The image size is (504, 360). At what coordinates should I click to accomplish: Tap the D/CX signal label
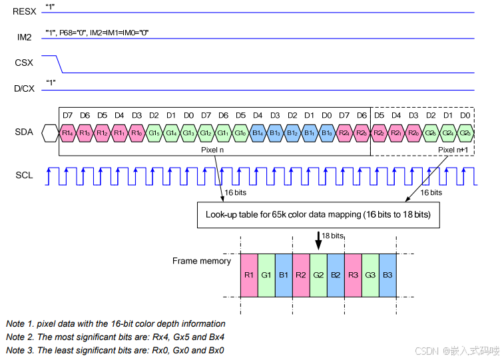point(24,88)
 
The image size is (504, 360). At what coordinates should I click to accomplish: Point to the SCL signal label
point(24,176)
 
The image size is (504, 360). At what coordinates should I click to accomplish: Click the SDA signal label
point(24,132)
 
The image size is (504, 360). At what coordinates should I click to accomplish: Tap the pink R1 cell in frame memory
point(249,274)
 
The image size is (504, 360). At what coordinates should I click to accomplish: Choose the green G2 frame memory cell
point(318,274)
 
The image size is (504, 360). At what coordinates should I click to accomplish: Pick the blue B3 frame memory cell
point(387,274)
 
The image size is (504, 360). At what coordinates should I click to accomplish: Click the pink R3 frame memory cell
point(353,274)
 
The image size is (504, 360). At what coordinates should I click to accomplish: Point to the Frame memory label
point(202,261)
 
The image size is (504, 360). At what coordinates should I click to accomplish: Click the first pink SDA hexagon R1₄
point(67,133)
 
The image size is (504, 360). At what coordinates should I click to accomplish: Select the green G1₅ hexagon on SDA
point(154,133)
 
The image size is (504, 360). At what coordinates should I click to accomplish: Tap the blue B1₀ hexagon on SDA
point(327,133)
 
